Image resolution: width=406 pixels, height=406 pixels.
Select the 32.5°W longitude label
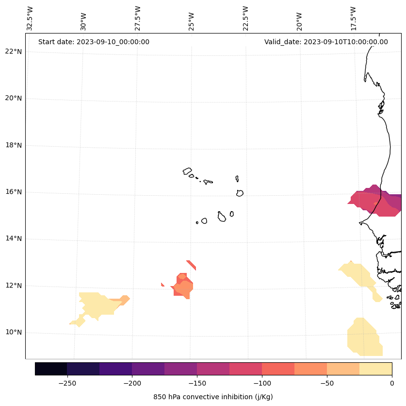(30, 18)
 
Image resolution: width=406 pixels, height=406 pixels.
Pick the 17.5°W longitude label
(354, 18)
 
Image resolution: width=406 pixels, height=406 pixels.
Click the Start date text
(94, 42)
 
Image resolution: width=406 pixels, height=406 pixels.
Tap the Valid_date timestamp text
(326, 42)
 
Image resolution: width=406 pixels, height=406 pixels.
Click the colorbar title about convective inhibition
(213, 397)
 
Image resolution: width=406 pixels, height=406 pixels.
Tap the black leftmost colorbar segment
(51, 369)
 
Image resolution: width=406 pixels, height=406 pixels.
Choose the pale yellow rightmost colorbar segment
(375, 369)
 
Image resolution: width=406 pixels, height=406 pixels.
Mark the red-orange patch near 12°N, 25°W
(183, 287)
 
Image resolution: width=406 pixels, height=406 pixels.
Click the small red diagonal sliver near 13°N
(191, 265)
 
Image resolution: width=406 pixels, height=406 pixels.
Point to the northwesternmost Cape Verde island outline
(187, 171)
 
